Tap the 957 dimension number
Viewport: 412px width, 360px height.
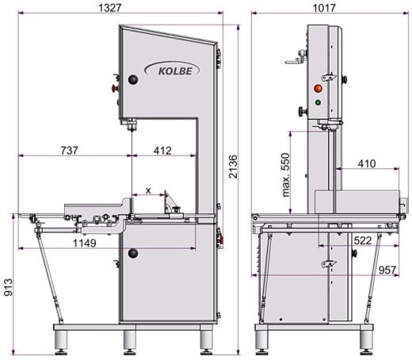pos(387,270)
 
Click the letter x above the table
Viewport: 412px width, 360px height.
pos(147,191)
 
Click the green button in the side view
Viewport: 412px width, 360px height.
pos(319,101)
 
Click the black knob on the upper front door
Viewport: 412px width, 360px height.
pos(133,79)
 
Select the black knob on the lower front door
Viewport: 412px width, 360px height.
pos(133,253)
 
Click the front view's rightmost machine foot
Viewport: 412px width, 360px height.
pos(208,339)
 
